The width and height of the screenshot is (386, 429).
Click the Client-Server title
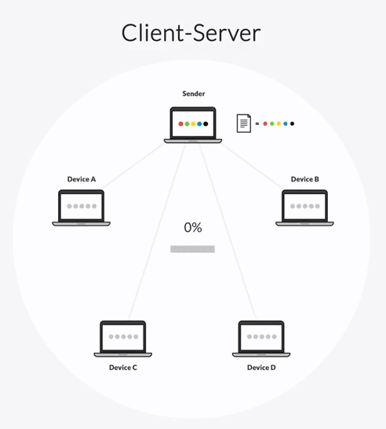[x=191, y=33]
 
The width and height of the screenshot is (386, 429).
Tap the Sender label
[x=194, y=93]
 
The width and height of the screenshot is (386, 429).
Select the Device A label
[x=82, y=179]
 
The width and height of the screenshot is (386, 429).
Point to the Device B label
[x=305, y=179]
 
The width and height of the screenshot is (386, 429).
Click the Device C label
[x=123, y=368]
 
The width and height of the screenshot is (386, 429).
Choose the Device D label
[x=261, y=368]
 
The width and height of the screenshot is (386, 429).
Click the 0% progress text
[x=193, y=227]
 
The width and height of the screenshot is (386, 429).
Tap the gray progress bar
[x=192, y=249]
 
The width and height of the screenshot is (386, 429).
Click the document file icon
[x=244, y=123]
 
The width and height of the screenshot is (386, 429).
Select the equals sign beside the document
[x=257, y=123]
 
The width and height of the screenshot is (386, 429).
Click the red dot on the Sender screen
[x=180, y=124]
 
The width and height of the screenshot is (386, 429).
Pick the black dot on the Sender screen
[x=206, y=124]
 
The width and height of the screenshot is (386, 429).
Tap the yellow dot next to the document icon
[x=279, y=123]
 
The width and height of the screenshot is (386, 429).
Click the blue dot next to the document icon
[x=286, y=123]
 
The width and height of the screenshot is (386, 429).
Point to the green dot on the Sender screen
[x=187, y=124]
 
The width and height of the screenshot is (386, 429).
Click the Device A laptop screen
[x=81, y=207]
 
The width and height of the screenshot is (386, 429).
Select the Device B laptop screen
[x=304, y=207]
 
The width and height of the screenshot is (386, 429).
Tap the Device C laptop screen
[x=123, y=337]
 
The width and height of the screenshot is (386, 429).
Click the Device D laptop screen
[x=261, y=337]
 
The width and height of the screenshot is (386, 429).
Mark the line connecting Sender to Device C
[x=157, y=233]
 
